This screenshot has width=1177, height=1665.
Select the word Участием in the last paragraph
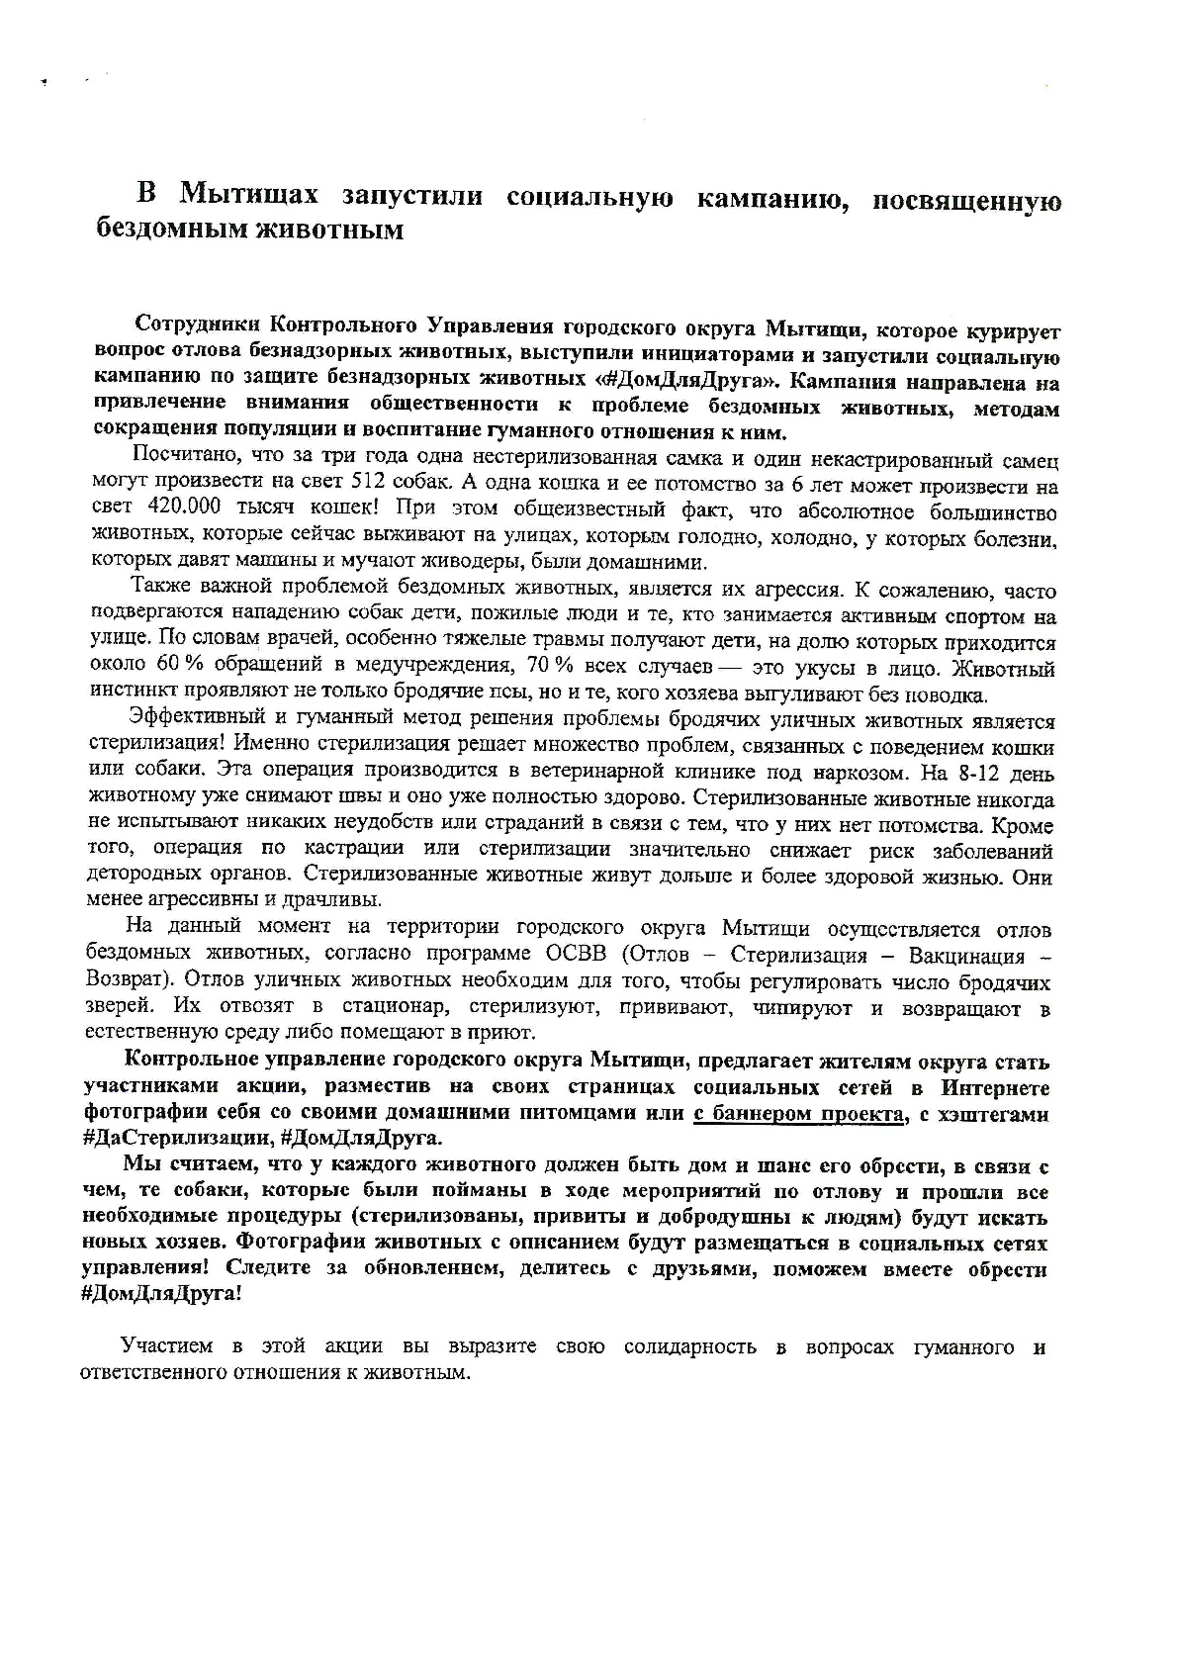click(164, 1346)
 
